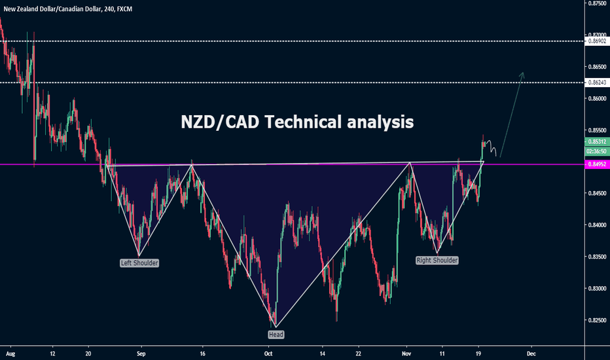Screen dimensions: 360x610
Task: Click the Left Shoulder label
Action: click(x=139, y=263)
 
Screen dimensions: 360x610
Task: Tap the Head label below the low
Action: click(x=276, y=334)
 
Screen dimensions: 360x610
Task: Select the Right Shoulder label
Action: click(x=437, y=260)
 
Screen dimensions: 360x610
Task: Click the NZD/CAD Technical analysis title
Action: click(x=297, y=122)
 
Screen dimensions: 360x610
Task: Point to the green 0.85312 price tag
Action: click(x=596, y=141)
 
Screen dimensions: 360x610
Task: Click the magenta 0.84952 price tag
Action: click(x=596, y=165)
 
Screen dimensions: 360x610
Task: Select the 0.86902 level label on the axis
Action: click(x=596, y=41)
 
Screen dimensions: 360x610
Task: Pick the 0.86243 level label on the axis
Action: click(x=596, y=82)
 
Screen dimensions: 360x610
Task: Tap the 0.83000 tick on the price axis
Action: click(x=596, y=289)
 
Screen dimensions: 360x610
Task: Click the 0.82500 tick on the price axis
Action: click(x=596, y=320)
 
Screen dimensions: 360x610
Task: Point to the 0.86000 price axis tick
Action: click(x=596, y=99)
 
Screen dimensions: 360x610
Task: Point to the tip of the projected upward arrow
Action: click(x=522, y=71)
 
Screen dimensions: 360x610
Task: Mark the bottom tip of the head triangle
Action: click(x=276, y=327)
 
